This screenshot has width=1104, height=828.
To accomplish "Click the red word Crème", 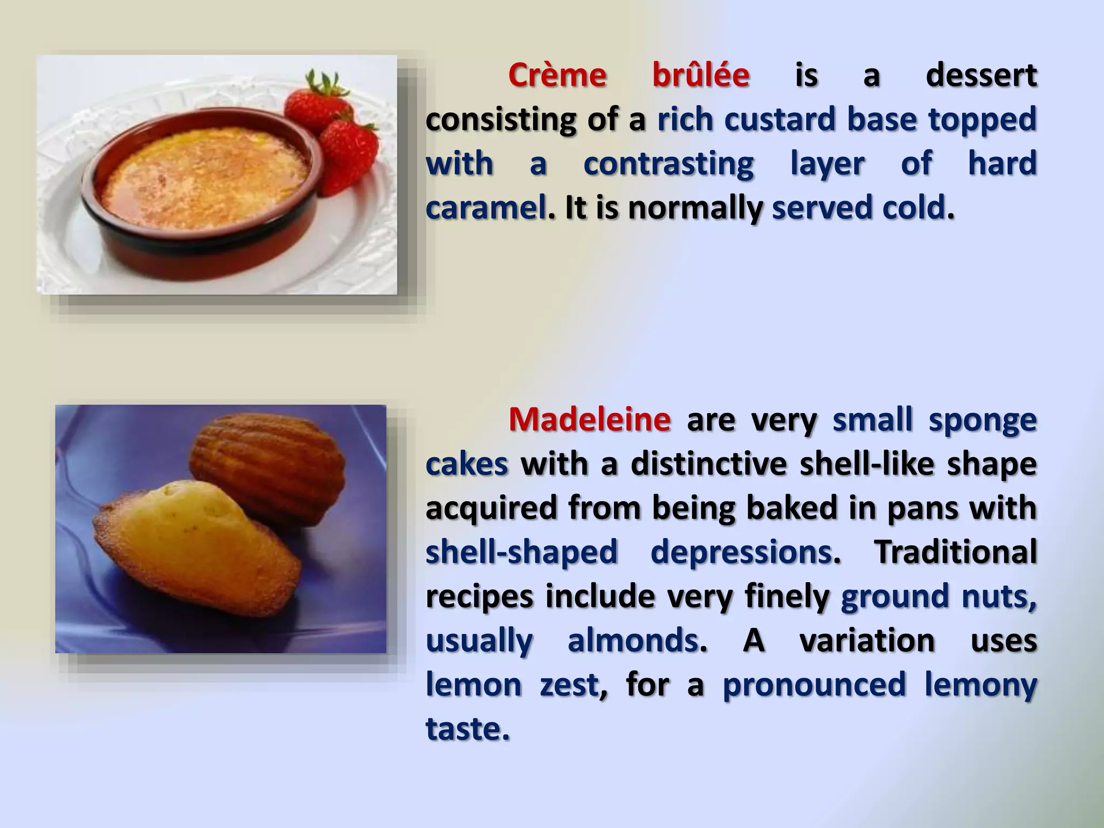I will coord(557,75).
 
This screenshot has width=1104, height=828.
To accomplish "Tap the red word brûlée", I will coord(700,75).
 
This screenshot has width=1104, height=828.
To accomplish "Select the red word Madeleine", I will coord(590,419).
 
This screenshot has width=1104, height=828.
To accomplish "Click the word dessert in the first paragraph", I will coord(981,75).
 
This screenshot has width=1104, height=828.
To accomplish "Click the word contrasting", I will coord(668,164).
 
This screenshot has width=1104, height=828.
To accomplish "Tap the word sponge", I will coord(982,419).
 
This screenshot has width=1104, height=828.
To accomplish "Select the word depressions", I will coord(741,552).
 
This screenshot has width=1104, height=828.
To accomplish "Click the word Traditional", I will coord(955,552).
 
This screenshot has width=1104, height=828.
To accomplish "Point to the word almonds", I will coord(633,640).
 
